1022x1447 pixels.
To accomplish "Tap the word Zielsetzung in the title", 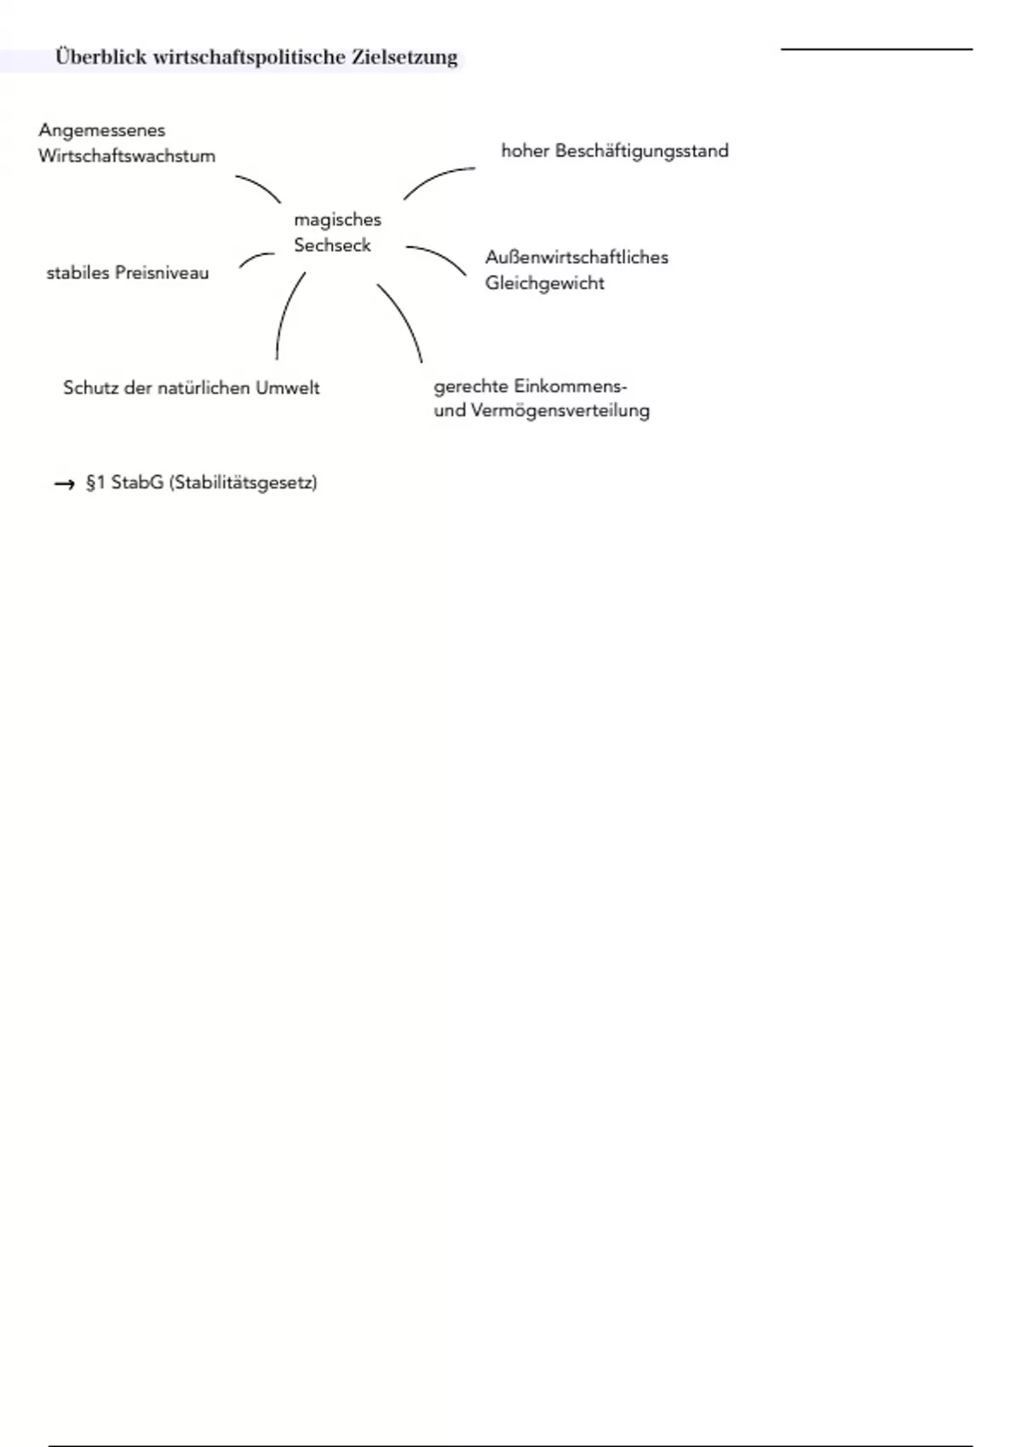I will (x=405, y=58).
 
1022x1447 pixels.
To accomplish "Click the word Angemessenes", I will (x=101, y=131).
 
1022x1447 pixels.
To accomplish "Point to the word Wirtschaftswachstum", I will (x=127, y=157).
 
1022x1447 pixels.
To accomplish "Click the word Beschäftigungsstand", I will (x=641, y=152).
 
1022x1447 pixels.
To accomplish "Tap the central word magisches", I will (x=337, y=220).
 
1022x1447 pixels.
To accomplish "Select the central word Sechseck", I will (x=332, y=245).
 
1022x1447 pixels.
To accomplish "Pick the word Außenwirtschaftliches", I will (x=577, y=257).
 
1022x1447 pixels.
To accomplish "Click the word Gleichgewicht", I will (x=544, y=283).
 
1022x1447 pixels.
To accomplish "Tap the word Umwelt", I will (x=287, y=388).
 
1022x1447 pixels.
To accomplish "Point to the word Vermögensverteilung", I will (x=560, y=411).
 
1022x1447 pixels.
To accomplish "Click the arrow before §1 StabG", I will (x=65, y=484).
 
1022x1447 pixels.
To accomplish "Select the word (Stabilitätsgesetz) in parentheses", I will (x=243, y=483).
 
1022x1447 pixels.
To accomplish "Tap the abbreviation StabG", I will (x=136, y=483).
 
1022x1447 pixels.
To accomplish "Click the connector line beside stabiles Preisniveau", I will (x=255, y=257).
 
